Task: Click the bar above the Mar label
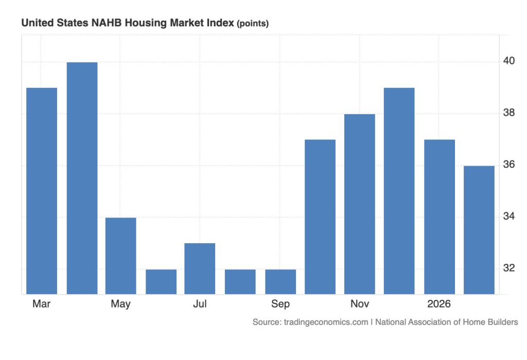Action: (x=42, y=191)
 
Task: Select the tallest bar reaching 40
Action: (x=82, y=178)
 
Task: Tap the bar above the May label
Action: (x=121, y=256)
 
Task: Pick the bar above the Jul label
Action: (x=200, y=268)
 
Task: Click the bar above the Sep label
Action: (x=280, y=281)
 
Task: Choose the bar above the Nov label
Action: (x=360, y=204)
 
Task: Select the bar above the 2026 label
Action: (x=440, y=217)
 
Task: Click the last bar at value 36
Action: (x=479, y=230)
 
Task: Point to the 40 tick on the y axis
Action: (x=510, y=61)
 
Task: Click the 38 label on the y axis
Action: (x=510, y=113)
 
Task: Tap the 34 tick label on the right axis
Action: (x=510, y=216)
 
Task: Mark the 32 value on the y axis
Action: (x=510, y=268)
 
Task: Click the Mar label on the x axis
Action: (x=41, y=304)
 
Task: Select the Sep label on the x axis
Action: (x=280, y=304)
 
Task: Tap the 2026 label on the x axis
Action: (x=439, y=304)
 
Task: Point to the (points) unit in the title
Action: (x=253, y=24)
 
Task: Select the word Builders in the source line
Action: (x=500, y=322)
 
